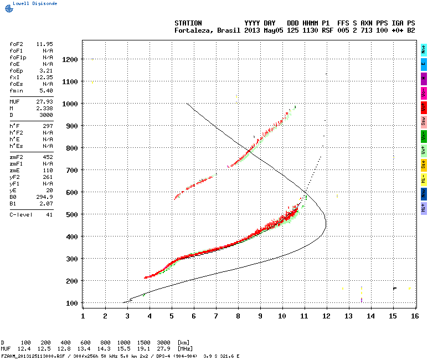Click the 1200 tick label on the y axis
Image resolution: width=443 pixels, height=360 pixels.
click(x=70, y=59)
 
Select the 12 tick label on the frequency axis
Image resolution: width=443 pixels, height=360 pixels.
click(x=326, y=316)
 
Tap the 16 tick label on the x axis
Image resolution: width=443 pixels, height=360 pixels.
click(x=415, y=316)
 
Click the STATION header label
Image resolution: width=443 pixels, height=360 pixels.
click(x=188, y=23)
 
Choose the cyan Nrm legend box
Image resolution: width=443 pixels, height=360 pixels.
click(x=424, y=49)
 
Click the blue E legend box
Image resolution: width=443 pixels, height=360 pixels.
click(x=424, y=64)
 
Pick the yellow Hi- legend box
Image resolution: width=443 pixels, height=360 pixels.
click(x=424, y=179)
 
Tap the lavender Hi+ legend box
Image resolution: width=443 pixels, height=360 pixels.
click(x=424, y=208)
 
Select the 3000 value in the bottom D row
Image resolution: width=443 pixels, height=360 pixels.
click(x=165, y=343)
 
